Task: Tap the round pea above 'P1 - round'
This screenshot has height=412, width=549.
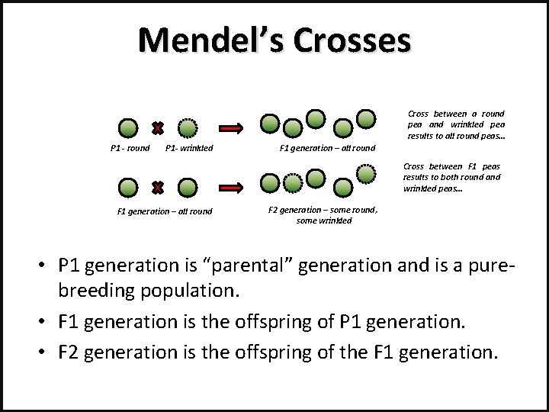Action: point(129,127)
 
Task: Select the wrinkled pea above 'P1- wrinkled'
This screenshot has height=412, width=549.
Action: point(188,127)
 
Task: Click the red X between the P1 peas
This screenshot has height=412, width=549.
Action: point(157,127)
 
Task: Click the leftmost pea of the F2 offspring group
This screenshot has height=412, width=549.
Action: point(269,182)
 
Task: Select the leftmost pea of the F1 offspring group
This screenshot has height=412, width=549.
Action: point(269,121)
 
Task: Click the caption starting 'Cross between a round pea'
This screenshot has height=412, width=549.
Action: point(456,124)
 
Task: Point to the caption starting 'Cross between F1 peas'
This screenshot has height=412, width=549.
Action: point(451,177)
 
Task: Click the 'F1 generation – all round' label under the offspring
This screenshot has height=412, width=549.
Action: point(327,148)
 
